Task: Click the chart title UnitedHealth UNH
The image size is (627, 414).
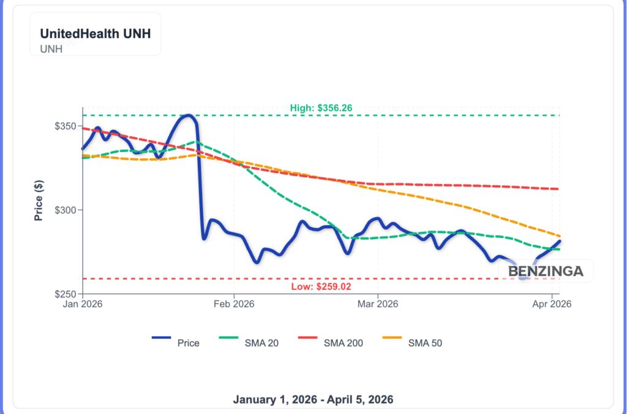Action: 96,34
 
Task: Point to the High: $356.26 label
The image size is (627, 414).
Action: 321,109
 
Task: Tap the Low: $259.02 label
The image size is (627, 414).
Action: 321,286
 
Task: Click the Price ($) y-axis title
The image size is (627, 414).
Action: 39,200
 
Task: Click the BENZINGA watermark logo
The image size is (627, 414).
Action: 546,270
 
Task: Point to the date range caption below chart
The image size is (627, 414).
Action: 313,399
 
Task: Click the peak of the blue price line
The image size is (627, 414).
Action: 188,115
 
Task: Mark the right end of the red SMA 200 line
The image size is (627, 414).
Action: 558,189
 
